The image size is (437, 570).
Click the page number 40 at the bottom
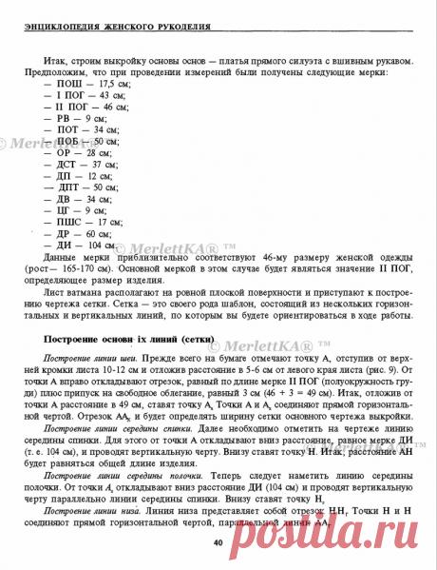point(218,542)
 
